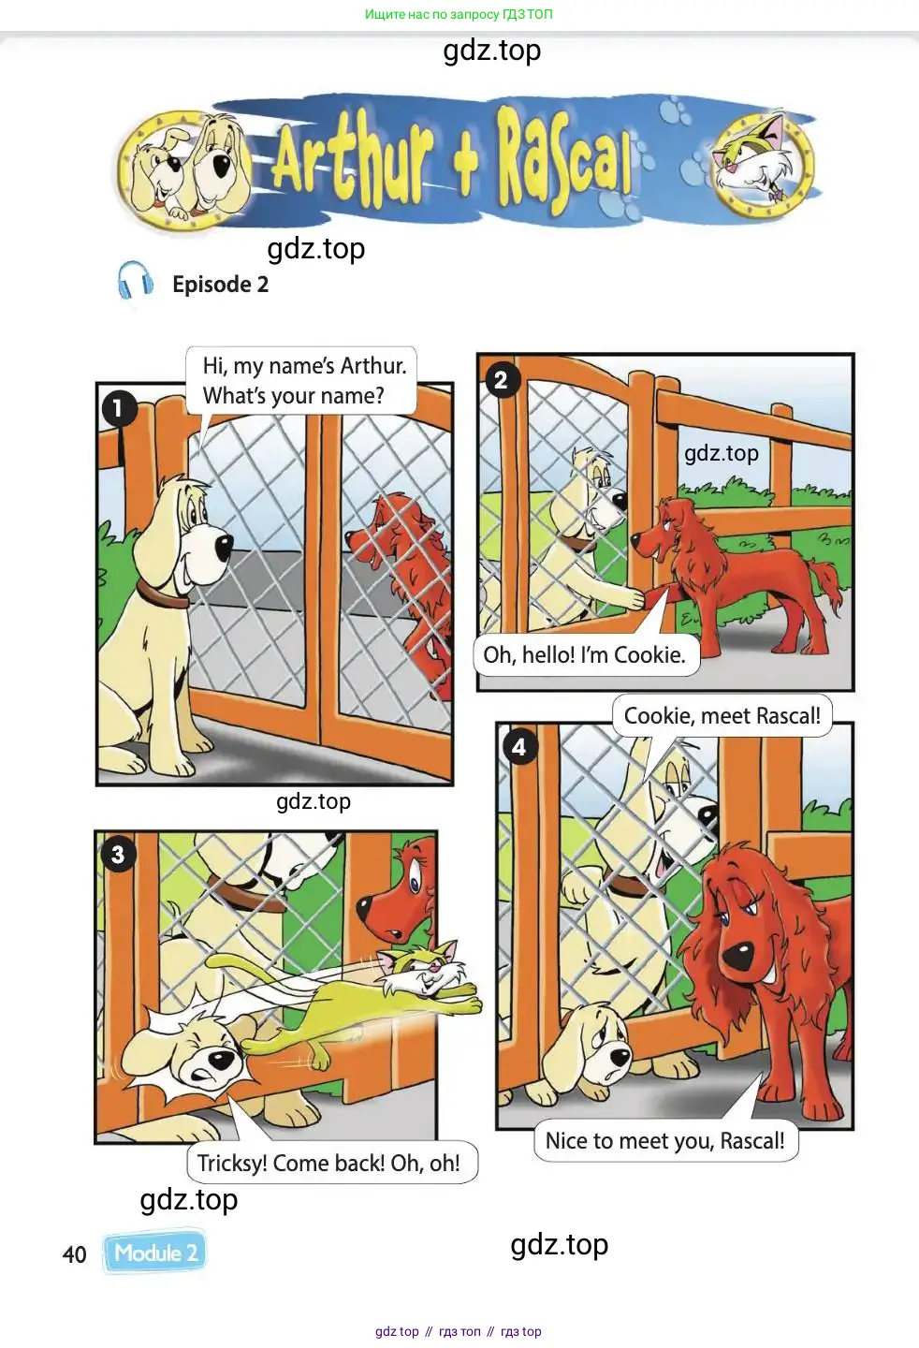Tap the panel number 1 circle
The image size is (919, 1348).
[x=119, y=409]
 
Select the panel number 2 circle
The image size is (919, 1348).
[x=501, y=380]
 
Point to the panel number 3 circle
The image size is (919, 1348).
[x=118, y=854]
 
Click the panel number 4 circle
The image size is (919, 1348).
[x=519, y=747]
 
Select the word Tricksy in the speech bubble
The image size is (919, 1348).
[x=232, y=1164]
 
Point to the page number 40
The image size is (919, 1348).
[x=74, y=1254]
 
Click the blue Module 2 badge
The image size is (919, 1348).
[x=155, y=1253]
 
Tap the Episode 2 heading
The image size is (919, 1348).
[x=220, y=284]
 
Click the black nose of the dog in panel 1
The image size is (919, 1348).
[x=223, y=545]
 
